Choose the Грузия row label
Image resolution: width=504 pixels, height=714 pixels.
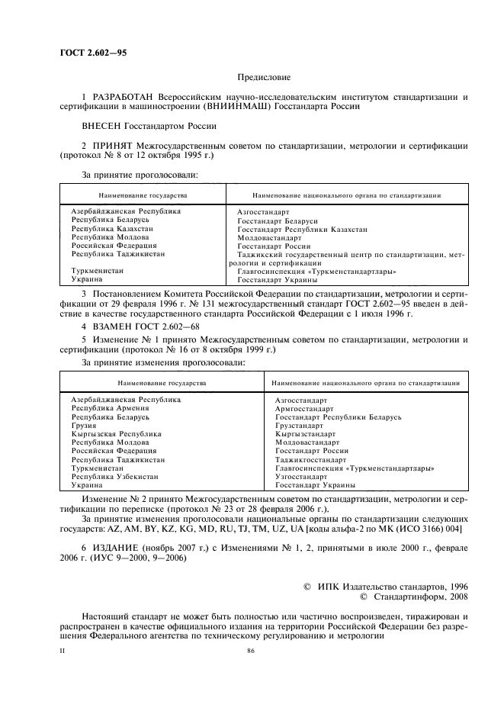[85, 426]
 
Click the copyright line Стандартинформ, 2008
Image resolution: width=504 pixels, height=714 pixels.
[416, 597]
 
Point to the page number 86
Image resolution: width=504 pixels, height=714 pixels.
[251, 651]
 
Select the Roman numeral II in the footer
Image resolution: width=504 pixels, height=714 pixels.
[63, 651]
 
